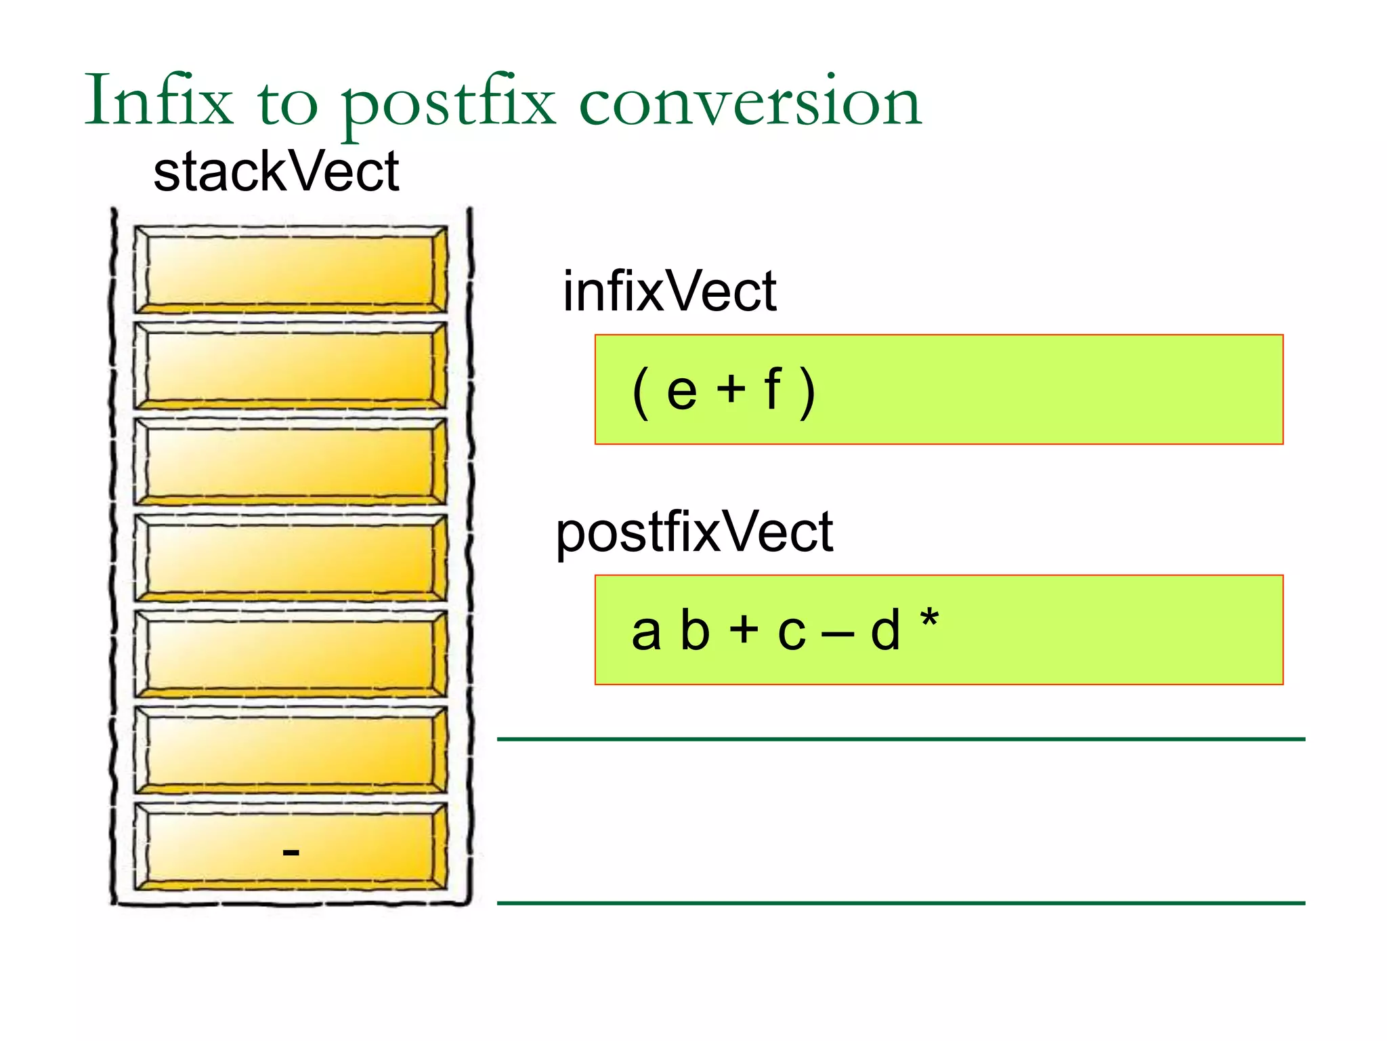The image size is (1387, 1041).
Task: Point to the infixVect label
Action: coord(669,291)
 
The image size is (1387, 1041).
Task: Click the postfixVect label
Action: coord(693,533)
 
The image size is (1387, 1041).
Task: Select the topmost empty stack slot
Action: coord(291,270)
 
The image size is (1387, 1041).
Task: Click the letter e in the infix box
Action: coord(681,392)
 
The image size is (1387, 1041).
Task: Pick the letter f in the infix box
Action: coord(772,389)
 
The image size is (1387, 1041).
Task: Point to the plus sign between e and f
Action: coord(731,390)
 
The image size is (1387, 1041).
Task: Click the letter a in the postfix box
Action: coord(645,632)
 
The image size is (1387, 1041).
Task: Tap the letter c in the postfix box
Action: coord(792,633)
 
